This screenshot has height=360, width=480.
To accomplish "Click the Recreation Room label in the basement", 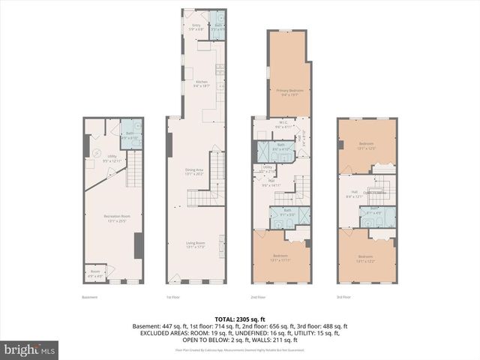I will pyautogui.click(x=113, y=218).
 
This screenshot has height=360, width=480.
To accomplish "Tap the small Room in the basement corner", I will pyautogui.click(x=94, y=273).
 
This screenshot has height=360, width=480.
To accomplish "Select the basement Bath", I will pyautogui.click(x=130, y=136).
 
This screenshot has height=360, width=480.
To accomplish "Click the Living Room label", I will pyautogui.click(x=196, y=246).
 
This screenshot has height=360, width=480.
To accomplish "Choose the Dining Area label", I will pyautogui.click(x=196, y=172).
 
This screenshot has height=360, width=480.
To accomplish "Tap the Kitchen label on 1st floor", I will pyautogui.click(x=201, y=84).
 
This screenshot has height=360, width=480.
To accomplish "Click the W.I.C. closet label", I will pyautogui.click(x=283, y=124).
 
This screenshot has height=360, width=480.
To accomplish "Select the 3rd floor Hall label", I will pyautogui.click(x=354, y=193).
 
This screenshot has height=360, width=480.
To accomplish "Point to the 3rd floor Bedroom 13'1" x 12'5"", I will pyautogui.click(x=366, y=145).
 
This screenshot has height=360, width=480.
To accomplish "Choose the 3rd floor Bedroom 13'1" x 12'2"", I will pyautogui.click(x=366, y=258).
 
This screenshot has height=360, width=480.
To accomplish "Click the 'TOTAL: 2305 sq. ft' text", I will pyautogui.click(x=240, y=319).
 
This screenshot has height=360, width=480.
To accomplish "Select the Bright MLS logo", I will pyautogui.click(x=30, y=349).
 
